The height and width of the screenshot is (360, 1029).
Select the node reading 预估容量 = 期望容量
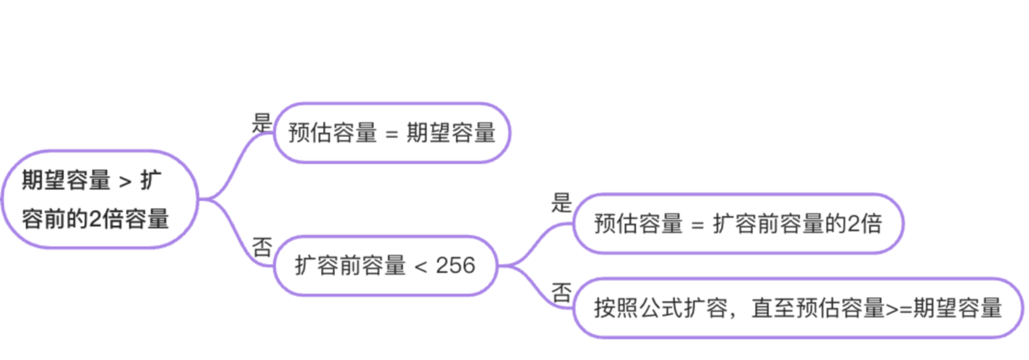coord(392,133)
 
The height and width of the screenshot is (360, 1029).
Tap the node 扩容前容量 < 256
coord(385,265)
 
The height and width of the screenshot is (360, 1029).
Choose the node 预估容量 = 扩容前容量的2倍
coord(738,224)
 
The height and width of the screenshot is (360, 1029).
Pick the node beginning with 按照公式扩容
coord(797,308)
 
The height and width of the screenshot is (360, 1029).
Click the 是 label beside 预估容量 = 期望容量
coord(262,123)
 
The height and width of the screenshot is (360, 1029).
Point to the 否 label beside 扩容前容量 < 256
coord(262,247)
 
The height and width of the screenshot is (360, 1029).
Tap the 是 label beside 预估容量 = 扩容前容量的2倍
coord(561,203)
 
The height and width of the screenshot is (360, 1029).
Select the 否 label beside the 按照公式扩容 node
coord(561,292)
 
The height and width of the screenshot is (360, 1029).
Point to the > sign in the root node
coord(125,182)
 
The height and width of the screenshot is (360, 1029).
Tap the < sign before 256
coord(421,267)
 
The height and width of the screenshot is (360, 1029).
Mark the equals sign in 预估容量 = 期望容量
coord(392,134)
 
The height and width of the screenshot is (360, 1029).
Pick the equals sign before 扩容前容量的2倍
coord(697,225)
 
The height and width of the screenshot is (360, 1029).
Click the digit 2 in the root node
coord(95,219)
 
